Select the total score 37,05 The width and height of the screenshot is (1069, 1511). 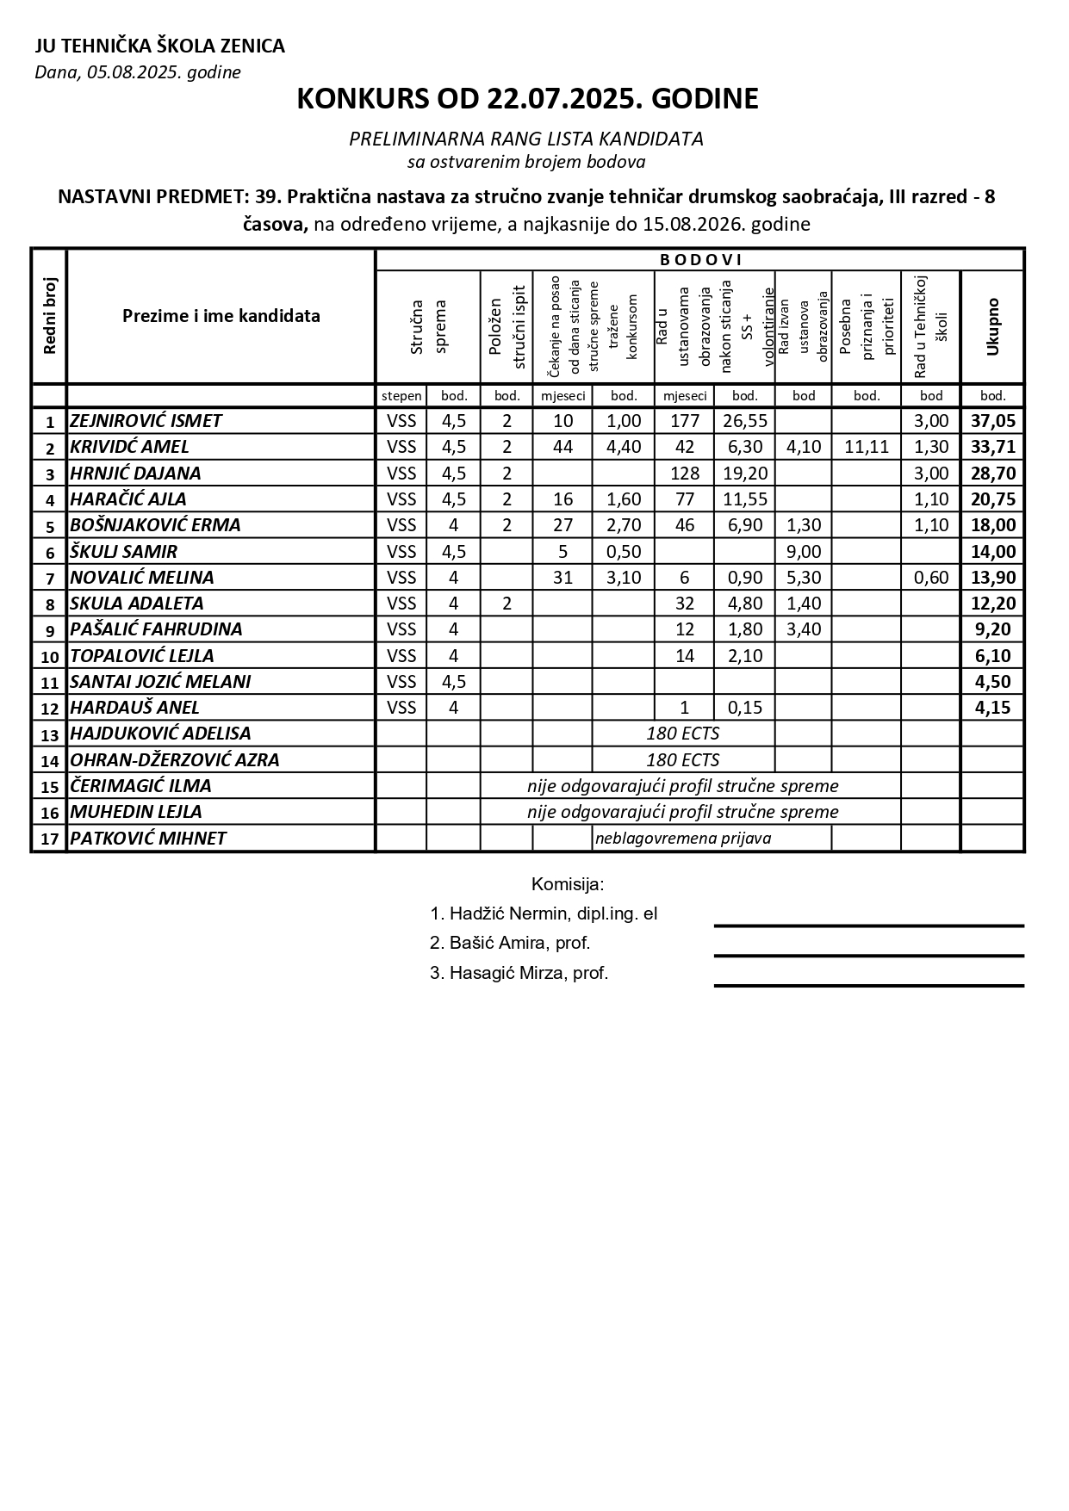pyautogui.click(x=993, y=421)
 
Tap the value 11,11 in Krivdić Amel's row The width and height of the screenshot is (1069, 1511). pyautogui.click(x=867, y=447)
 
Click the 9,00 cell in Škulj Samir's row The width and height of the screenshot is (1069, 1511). pyautogui.click(x=804, y=551)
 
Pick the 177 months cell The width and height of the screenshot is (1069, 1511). pyautogui.click(x=685, y=421)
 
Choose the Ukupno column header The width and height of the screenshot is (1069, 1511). pyautogui.click(x=993, y=327)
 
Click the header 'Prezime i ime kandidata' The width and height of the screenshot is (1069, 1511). pyautogui.click(x=221, y=316)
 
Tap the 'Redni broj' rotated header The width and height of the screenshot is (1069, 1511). pyautogui.click(x=49, y=316)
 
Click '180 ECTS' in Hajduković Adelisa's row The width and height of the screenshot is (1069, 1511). pyautogui.click(x=682, y=734)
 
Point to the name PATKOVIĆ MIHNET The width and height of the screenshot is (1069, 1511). pyautogui.click(x=148, y=838)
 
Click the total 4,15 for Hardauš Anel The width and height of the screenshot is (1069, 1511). pyautogui.click(x=993, y=708)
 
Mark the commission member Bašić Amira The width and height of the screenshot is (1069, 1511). pyautogui.click(x=510, y=943)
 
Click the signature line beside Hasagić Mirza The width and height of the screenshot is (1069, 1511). pyautogui.click(x=868, y=984)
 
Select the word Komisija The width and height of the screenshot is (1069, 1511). pyautogui.click(x=568, y=884)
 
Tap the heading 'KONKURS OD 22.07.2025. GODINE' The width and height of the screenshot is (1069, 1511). pyautogui.click(x=527, y=99)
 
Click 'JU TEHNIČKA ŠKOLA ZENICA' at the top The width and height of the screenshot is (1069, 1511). pyautogui.click(x=159, y=46)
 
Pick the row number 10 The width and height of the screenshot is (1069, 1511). pyautogui.click(x=49, y=656)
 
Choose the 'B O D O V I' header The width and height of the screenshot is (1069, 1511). pyautogui.click(x=699, y=259)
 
